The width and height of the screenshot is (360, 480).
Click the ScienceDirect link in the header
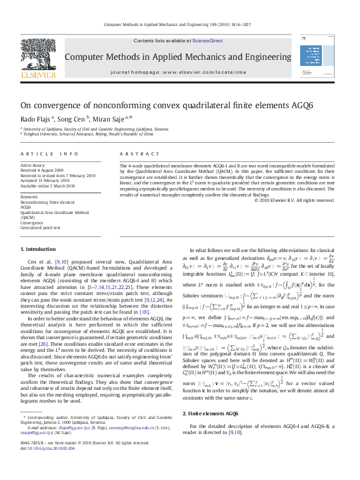point(208,41)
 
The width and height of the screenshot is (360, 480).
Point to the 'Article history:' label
point(34,164)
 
